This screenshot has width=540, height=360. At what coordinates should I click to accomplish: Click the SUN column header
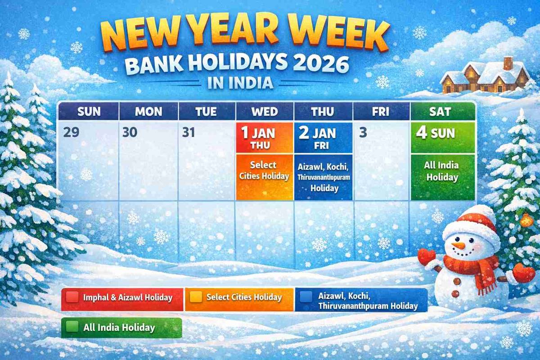pos(89,112)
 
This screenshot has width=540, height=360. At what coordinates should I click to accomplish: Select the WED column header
pos(265,112)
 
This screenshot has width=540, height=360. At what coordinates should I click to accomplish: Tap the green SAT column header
pos(443,112)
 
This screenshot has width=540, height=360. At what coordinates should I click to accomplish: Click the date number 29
pos(71,132)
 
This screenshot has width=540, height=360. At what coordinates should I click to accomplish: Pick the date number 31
pos(188,132)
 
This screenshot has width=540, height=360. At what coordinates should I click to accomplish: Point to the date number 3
pos(363,133)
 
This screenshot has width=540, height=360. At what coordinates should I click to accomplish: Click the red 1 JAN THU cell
pos(265,138)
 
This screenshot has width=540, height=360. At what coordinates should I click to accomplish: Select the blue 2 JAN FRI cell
pos(323,138)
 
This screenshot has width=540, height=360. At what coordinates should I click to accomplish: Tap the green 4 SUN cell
pos(443,138)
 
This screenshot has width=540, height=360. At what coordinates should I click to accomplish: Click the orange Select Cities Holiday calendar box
pos(265,177)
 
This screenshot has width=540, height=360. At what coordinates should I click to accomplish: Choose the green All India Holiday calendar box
pos(443,177)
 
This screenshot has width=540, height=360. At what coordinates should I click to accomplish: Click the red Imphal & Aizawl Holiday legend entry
pos(122,299)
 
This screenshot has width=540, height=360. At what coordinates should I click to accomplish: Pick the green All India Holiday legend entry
pos(121,328)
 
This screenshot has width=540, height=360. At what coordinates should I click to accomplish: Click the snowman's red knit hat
pos(469,223)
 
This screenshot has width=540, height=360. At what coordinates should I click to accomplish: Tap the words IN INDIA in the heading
pos(240,83)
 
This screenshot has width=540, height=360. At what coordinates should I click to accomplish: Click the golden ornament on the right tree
pos(526,220)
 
